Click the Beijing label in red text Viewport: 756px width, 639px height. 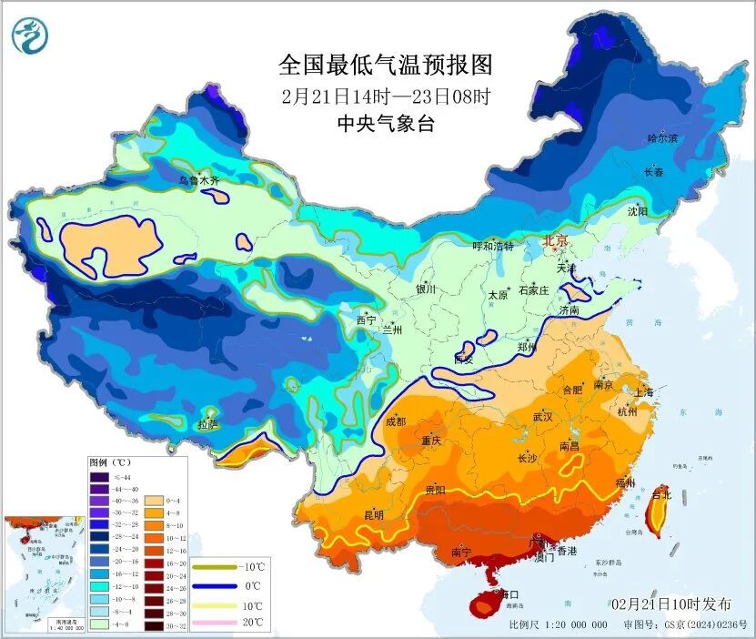(555, 241)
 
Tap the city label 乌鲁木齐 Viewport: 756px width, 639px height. (198, 181)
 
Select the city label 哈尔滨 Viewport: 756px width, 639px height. (662, 138)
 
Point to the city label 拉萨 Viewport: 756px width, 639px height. (207, 423)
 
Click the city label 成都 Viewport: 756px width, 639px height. (396, 421)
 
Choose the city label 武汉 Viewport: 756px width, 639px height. (543, 416)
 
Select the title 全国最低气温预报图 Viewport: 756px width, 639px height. (385, 66)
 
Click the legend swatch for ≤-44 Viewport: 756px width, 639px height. (98, 476)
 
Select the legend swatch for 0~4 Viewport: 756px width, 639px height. (152, 500)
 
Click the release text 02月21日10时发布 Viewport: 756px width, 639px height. (670, 603)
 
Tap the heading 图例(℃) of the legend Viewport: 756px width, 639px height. (113, 462)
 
